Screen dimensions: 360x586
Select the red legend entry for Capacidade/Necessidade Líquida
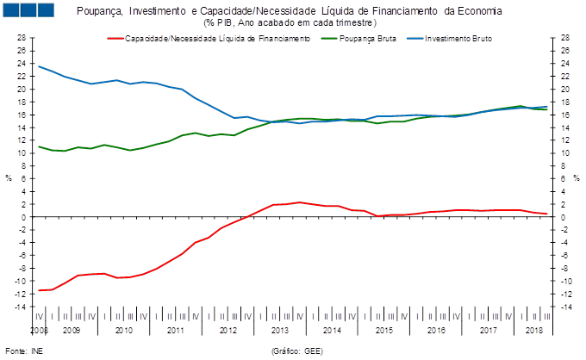click(x=210, y=39)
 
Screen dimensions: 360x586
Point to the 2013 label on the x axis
click(x=280, y=330)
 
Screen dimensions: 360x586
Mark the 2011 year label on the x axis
click(x=176, y=330)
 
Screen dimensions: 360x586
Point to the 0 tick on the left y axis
click(x=23, y=217)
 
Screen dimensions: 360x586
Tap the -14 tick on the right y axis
click(x=565, y=307)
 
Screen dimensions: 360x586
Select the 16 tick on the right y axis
click(x=565, y=115)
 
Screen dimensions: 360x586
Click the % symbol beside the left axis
click(x=9, y=178)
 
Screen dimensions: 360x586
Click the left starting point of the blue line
click(x=39, y=65)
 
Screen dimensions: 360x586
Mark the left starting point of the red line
click(x=39, y=291)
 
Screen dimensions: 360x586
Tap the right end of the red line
click(x=547, y=214)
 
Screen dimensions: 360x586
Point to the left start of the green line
click(x=39, y=146)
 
